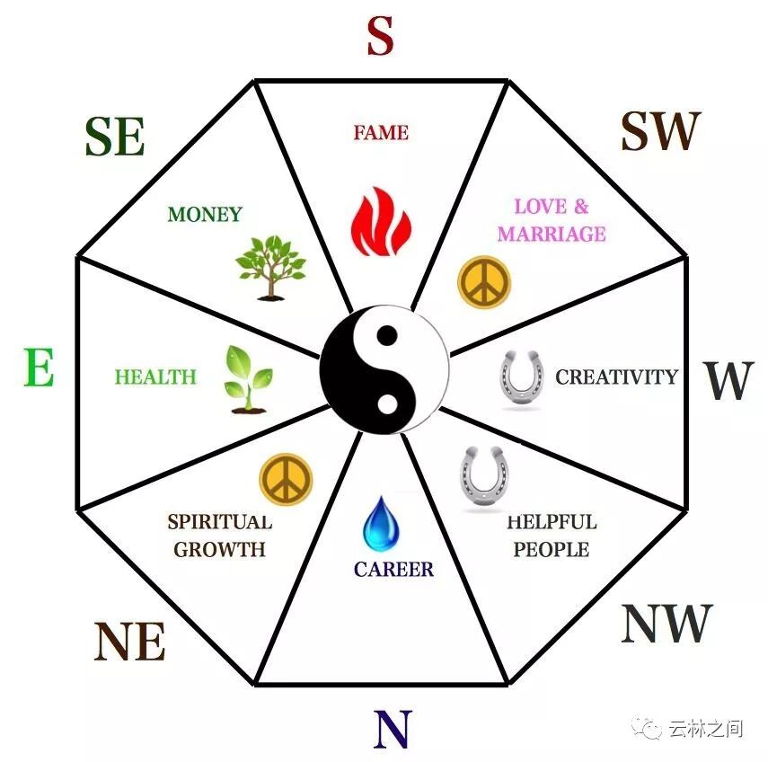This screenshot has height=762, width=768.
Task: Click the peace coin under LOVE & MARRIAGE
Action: pos(484,281)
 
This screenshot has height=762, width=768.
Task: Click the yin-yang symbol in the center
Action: pos(384,369)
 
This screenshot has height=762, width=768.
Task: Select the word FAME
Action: pos(381,133)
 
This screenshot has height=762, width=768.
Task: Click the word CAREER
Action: pos(393,569)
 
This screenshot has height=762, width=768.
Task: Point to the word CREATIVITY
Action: pos(616,377)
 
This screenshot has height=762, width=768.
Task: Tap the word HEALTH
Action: pos(155,377)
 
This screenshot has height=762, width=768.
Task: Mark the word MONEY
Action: pos(205,215)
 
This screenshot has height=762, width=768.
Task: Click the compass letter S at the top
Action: pos(381,38)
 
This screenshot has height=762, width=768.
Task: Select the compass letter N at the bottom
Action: pos(392,729)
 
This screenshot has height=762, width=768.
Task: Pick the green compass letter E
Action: pos(39,368)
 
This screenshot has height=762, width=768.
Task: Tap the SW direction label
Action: pos(659,132)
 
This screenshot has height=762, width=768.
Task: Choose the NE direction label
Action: pos(130,642)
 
